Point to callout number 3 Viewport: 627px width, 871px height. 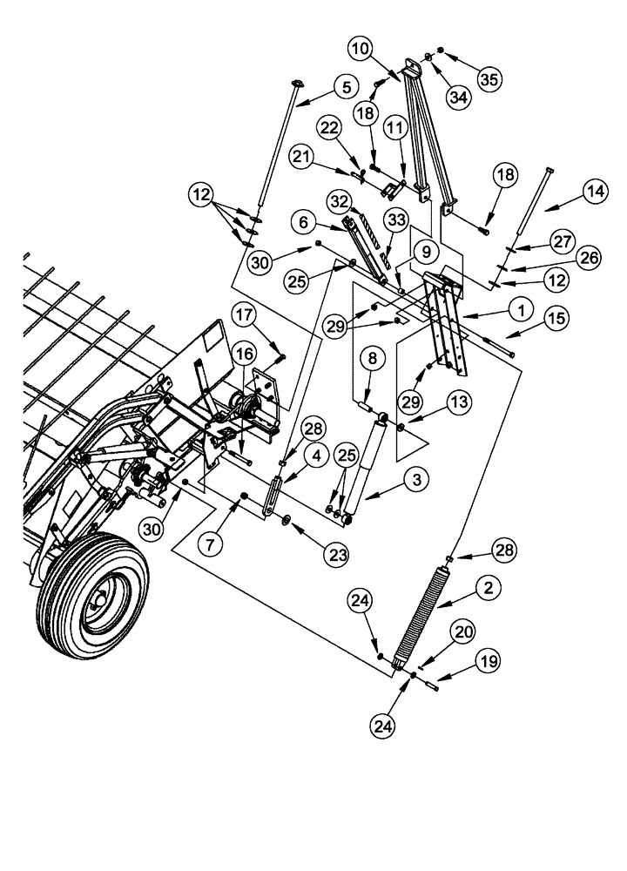(417, 478)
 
